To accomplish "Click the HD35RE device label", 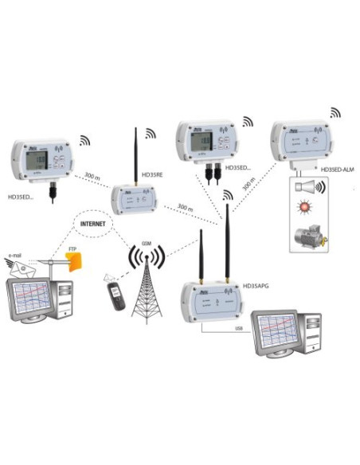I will (151, 173).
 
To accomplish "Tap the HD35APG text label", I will (257, 283).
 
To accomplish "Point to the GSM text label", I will (147, 241).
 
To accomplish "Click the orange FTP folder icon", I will (74, 261).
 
